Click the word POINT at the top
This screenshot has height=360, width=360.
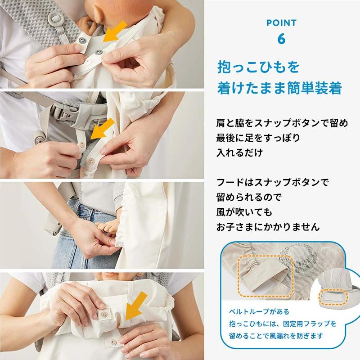pos(281,22)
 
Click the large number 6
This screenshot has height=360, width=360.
pos(281,39)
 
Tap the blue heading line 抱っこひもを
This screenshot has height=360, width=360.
pos(257,68)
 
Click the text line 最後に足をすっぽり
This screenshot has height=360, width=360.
pos(258,137)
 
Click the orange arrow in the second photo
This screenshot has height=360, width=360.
pos(100,127)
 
